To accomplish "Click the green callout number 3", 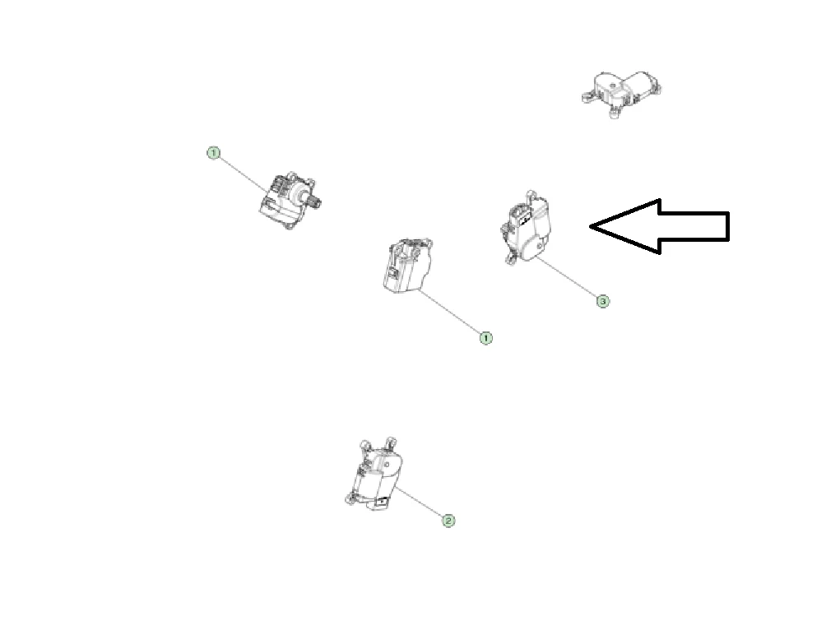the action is (603, 301).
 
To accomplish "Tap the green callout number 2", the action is (448, 520).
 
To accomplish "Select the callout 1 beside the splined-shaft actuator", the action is (213, 153).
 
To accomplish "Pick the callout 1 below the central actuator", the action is (485, 338).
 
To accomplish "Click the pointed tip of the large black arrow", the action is (591, 226).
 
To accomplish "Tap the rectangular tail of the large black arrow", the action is (694, 226).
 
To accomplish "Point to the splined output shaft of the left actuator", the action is (313, 202).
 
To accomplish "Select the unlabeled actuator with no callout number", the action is (621, 93).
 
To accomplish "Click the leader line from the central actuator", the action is (451, 313).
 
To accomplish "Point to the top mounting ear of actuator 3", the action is (531, 194).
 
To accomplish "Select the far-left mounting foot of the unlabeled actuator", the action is (586, 96).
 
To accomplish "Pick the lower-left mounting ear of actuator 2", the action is (351, 500).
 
